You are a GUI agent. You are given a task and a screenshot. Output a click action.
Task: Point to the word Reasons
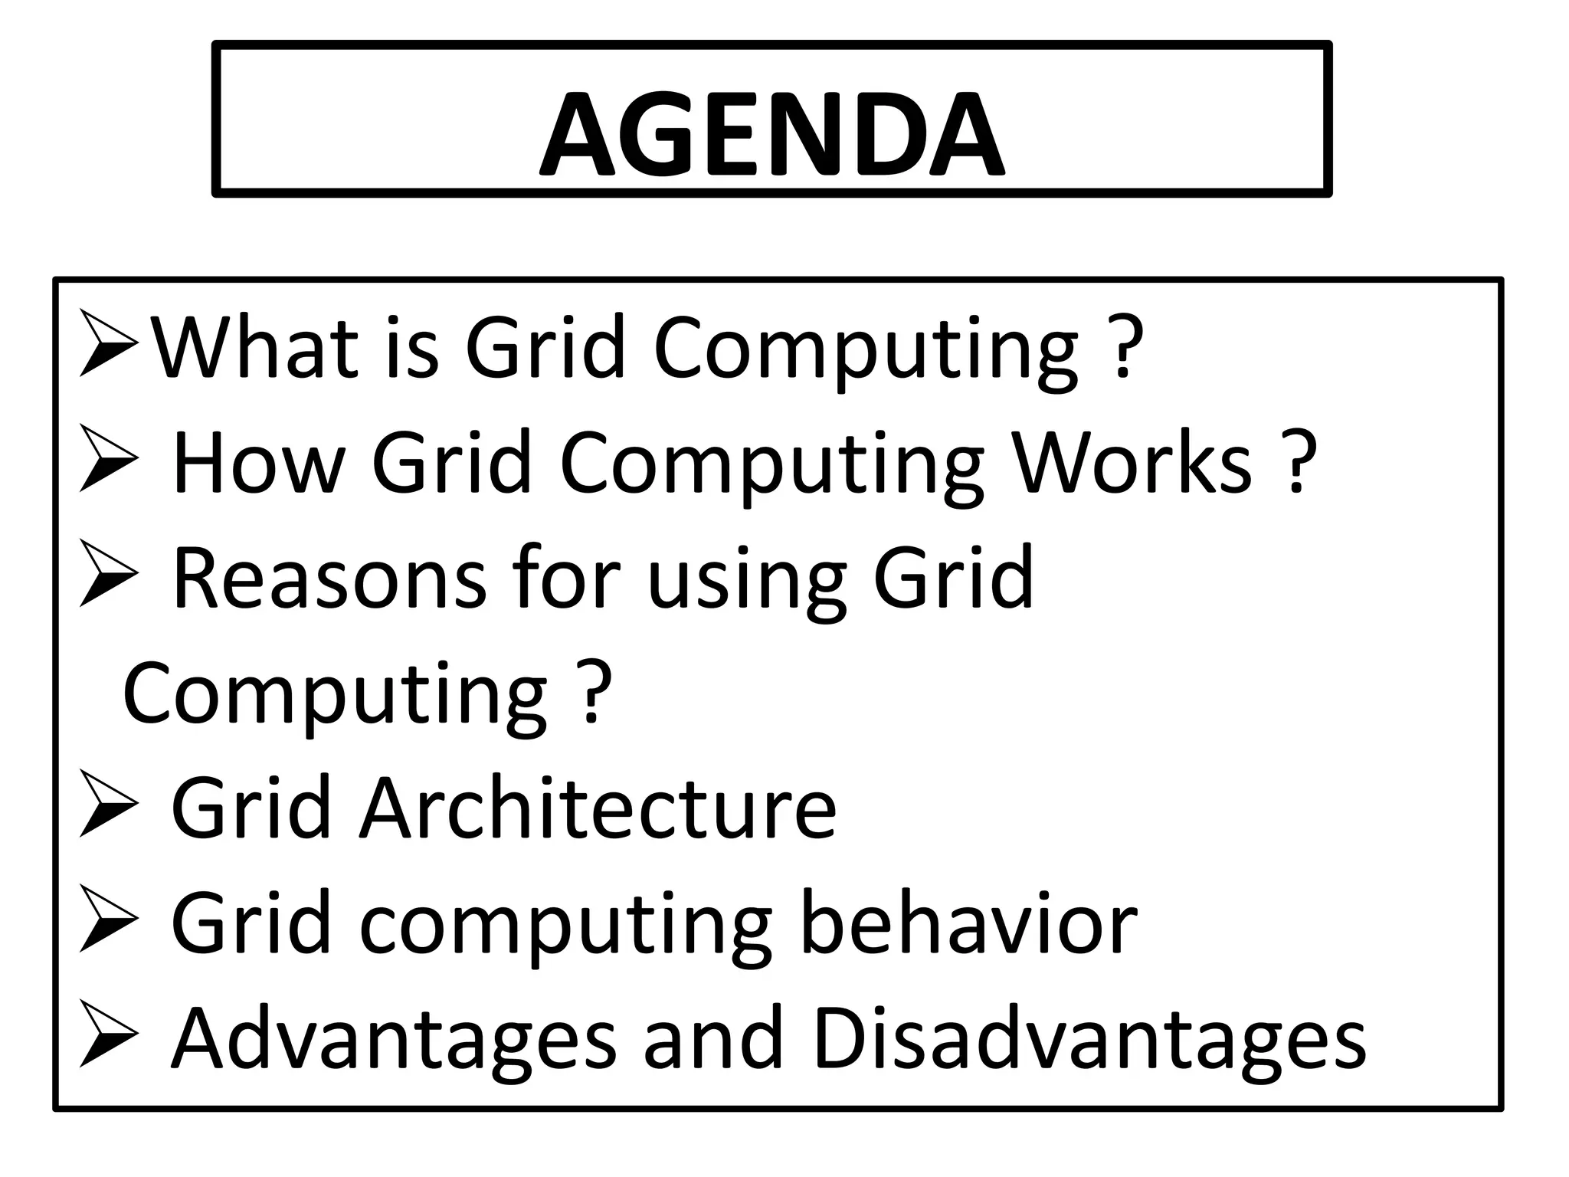click(x=329, y=578)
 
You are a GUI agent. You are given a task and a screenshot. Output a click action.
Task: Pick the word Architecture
click(x=598, y=808)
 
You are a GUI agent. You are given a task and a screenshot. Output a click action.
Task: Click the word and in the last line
click(x=713, y=1039)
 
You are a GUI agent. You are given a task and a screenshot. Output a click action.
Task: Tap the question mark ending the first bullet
click(x=1124, y=349)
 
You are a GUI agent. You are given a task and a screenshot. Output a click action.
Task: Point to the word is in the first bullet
click(x=414, y=348)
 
